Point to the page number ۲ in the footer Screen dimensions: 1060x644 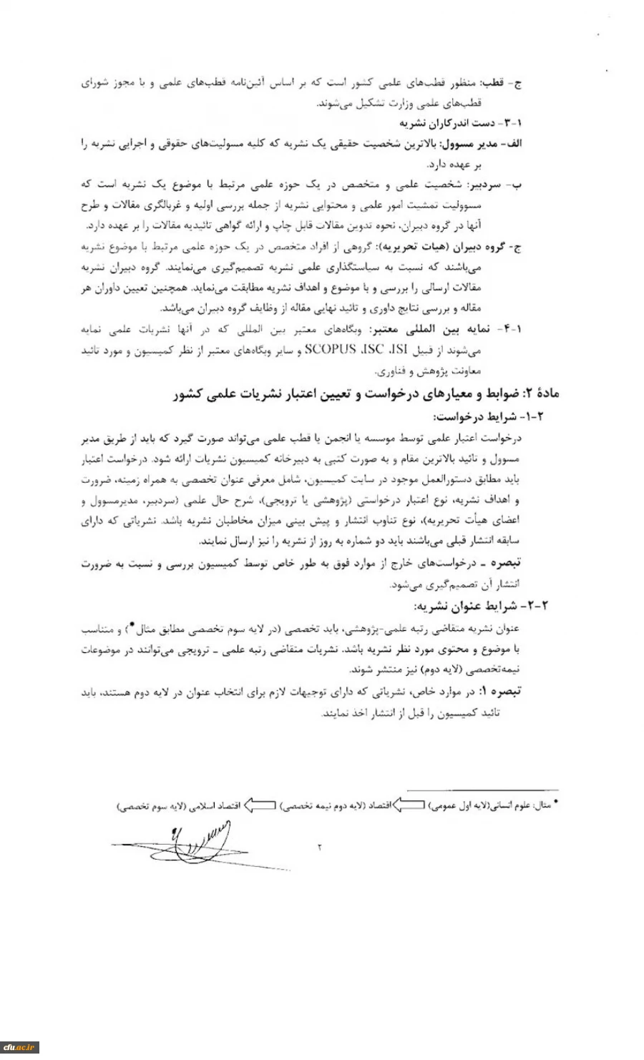pos(319,848)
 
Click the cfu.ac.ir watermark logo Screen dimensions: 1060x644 pos(19,1048)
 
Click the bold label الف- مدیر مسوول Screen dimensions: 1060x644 pos(487,143)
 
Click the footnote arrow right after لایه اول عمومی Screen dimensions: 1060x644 pos(409,805)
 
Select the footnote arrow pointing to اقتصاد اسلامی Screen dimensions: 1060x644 pos(260,805)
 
